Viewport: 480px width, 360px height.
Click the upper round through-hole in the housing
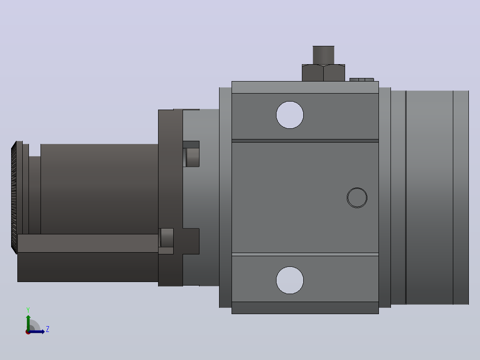click(289, 115)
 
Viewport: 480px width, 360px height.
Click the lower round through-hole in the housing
click(289, 280)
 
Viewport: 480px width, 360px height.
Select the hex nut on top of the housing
click(323, 73)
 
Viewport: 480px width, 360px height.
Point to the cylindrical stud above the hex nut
click(323, 55)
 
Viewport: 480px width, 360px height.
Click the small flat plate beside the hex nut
click(362, 80)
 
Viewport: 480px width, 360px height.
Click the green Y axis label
click(28, 310)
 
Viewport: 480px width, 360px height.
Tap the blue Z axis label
click(48, 329)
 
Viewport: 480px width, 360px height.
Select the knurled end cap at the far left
click(14, 198)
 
